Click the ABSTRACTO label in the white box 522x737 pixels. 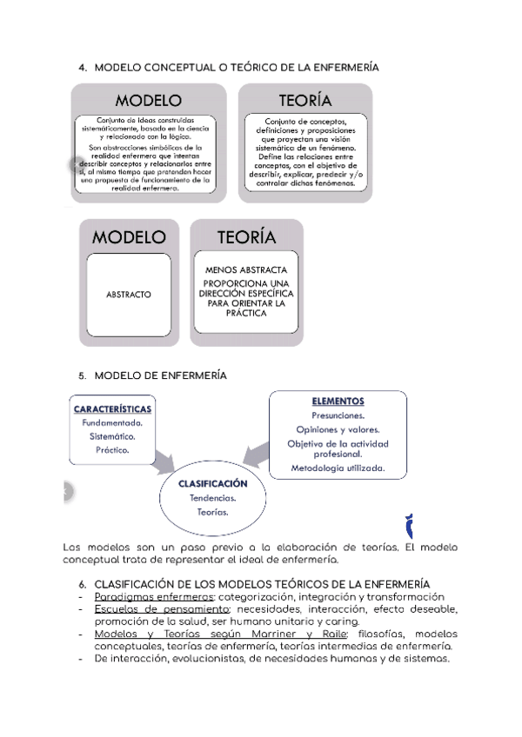128,295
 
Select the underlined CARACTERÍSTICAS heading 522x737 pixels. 113,408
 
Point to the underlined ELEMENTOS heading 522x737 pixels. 338,401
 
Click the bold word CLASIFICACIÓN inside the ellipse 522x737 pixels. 213,483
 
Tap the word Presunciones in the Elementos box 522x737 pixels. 338,415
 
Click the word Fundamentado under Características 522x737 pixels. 113,423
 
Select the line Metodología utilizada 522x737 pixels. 338,468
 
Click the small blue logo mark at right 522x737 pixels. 412,526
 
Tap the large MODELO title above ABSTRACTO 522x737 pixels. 129,237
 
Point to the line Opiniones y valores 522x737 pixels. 338,429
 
